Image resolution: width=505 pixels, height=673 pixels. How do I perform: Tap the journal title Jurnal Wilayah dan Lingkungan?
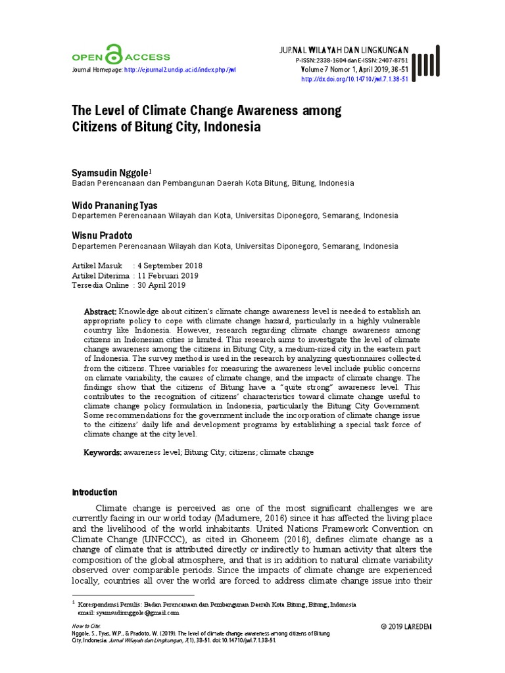[x=344, y=50]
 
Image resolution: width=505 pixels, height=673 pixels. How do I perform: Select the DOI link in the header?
[x=354, y=79]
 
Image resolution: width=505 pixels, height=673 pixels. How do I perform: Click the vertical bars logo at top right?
[x=427, y=64]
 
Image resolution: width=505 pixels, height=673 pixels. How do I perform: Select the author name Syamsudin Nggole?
[x=110, y=172]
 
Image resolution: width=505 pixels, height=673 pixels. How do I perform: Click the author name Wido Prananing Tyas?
[x=114, y=205]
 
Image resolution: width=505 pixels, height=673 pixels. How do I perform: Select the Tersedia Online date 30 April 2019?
[x=161, y=286]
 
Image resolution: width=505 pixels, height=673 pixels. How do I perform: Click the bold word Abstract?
[x=101, y=311]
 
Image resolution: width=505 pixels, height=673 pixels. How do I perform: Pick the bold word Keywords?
[x=102, y=453]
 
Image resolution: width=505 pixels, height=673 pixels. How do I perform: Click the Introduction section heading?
[x=94, y=492]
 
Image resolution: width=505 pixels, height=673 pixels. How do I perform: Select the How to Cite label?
[x=86, y=626]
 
